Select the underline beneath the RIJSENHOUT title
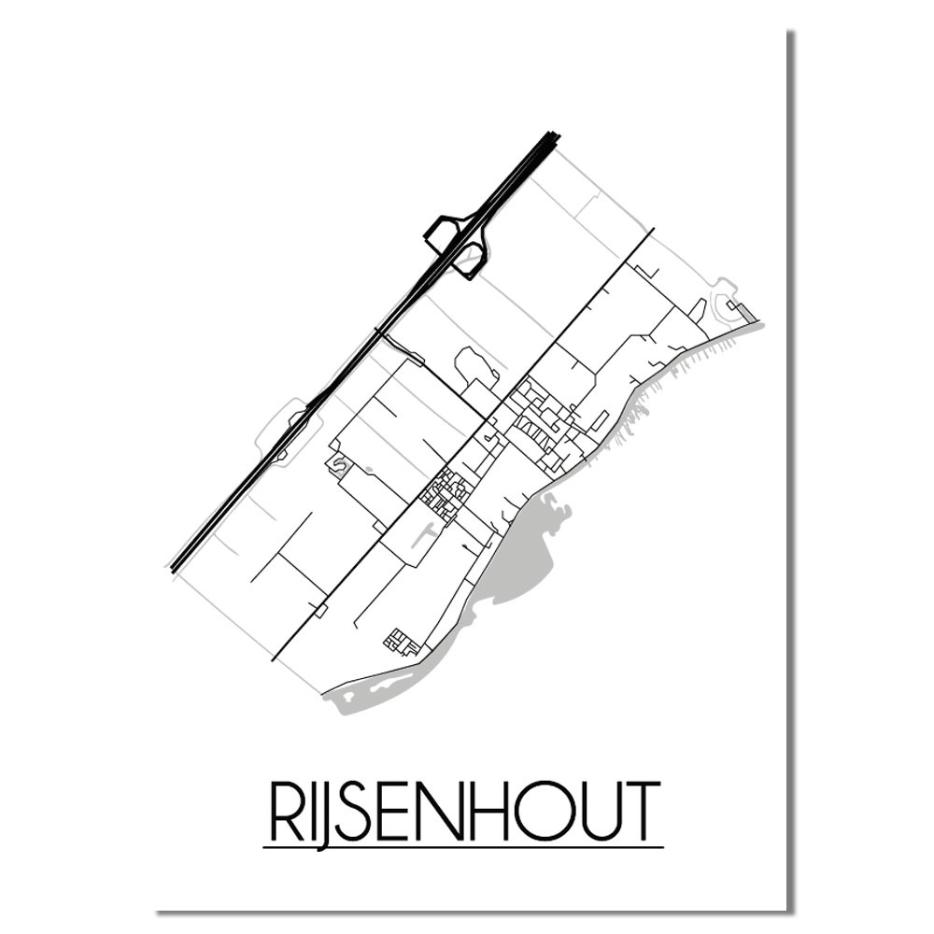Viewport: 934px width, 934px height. click(463, 847)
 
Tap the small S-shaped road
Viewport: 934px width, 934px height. click(337, 464)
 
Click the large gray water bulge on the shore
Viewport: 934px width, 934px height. click(523, 560)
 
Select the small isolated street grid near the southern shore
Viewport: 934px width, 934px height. click(403, 642)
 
